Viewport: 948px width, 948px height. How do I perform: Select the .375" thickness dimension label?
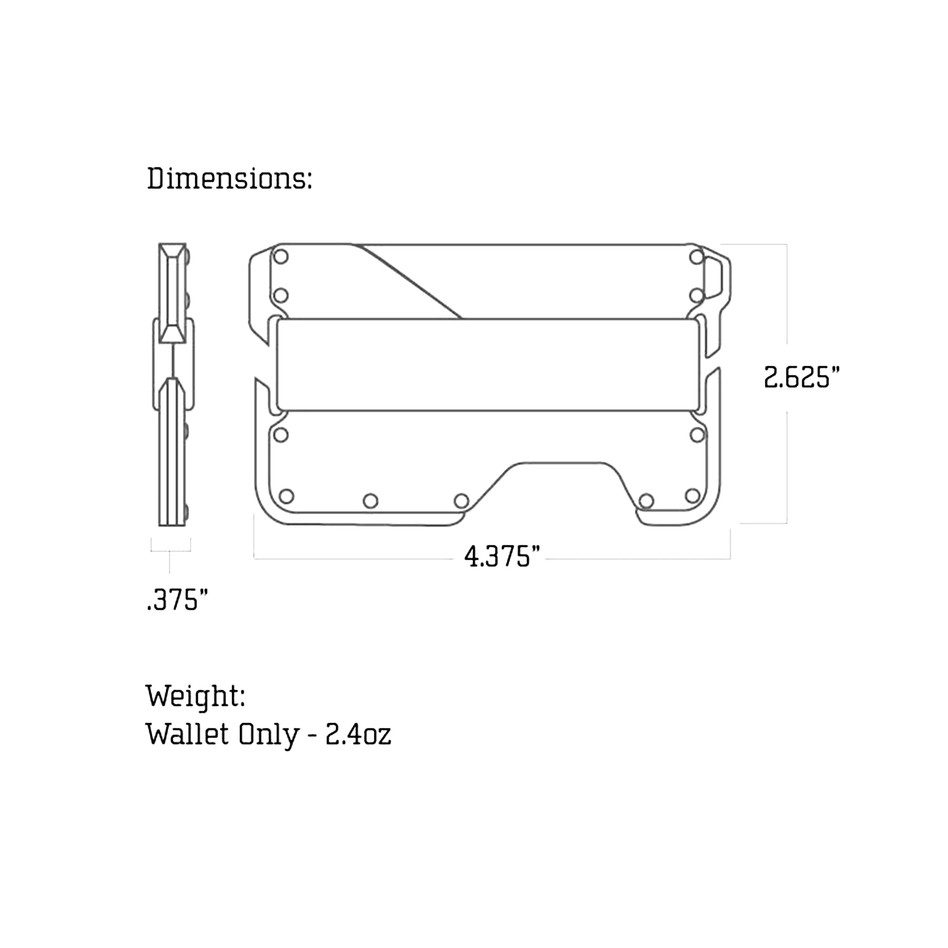click(x=178, y=600)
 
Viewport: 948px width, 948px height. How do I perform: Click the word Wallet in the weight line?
click(x=187, y=735)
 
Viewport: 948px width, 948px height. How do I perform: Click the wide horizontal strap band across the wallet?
click(x=487, y=365)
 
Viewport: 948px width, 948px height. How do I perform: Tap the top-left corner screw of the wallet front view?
click(x=281, y=257)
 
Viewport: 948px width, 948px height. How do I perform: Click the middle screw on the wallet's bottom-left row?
click(x=370, y=501)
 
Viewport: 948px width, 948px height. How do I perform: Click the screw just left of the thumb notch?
click(x=461, y=501)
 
